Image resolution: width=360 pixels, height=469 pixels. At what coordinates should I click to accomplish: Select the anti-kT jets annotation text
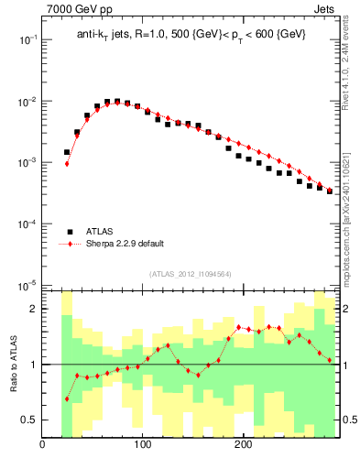(x=190, y=34)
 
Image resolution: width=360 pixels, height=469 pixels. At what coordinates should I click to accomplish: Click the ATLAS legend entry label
(x=100, y=232)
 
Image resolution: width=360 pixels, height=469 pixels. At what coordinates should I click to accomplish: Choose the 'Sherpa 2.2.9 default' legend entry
(x=124, y=244)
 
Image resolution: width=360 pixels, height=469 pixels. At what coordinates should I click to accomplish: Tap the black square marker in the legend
(x=70, y=232)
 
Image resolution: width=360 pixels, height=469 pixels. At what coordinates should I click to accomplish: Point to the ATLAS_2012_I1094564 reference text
(x=190, y=274)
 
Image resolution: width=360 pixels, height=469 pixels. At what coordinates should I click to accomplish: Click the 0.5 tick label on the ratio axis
(x=28, y=420)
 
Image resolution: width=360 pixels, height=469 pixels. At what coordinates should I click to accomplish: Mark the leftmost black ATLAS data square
(x=67, y=152)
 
